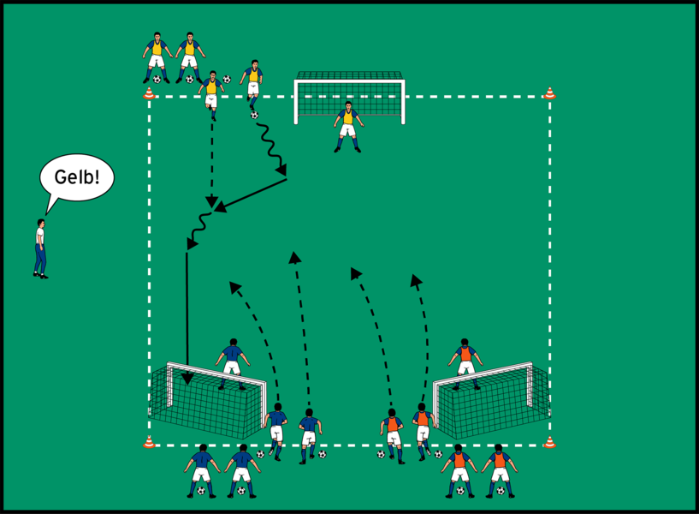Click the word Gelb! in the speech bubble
tap(77, 177)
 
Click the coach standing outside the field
tap(40, 248)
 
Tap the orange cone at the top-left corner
tap(149, 93)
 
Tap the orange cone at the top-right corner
tap(549, 92)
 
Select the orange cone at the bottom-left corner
tap(149, 442)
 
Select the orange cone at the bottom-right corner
tap(549, 442)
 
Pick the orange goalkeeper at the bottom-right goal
tap(465, 361)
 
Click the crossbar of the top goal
tap(349, 81)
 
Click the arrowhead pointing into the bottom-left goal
tap(187, 378)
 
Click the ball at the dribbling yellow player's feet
tap(254, 115)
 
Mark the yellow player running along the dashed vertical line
tap(211, 92)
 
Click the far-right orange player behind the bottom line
tap(499, 469)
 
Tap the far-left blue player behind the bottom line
tap(202, 469)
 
